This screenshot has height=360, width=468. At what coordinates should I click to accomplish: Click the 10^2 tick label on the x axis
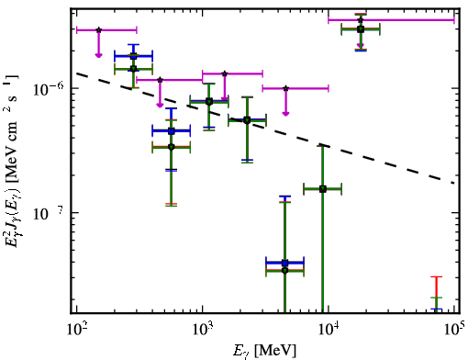[77, 330]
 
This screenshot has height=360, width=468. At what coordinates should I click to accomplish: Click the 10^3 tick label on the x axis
[203, 330]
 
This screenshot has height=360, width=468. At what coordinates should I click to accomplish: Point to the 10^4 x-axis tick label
[329, 330]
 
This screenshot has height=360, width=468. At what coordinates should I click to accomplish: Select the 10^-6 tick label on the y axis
[49, 89]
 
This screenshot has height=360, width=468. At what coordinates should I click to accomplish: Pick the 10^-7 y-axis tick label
[49, 214]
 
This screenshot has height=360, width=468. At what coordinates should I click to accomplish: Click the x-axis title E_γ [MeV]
[264, 351]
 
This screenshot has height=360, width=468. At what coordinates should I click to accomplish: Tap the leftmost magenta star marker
[98, 30]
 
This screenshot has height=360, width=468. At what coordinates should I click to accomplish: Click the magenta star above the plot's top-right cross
[361, 20]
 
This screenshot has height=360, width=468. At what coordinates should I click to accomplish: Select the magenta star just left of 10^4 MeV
[285, 88]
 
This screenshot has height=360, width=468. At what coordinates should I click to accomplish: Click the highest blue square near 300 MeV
[133, 56]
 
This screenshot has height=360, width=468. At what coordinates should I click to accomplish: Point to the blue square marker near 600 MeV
[172, 131]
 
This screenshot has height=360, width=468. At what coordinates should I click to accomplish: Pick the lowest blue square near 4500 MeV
[285, 263]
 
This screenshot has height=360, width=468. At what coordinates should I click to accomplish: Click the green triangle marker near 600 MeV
[172, 148]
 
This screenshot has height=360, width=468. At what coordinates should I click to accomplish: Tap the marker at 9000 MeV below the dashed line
[323, 189]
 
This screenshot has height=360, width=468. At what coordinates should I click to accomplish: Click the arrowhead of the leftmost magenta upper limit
[98, 55]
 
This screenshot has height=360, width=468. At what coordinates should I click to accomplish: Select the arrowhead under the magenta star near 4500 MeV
[285, 114]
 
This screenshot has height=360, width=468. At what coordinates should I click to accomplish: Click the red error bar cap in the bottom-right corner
[437, 277]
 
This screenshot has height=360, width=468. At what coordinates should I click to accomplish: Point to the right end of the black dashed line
[454, 184]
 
